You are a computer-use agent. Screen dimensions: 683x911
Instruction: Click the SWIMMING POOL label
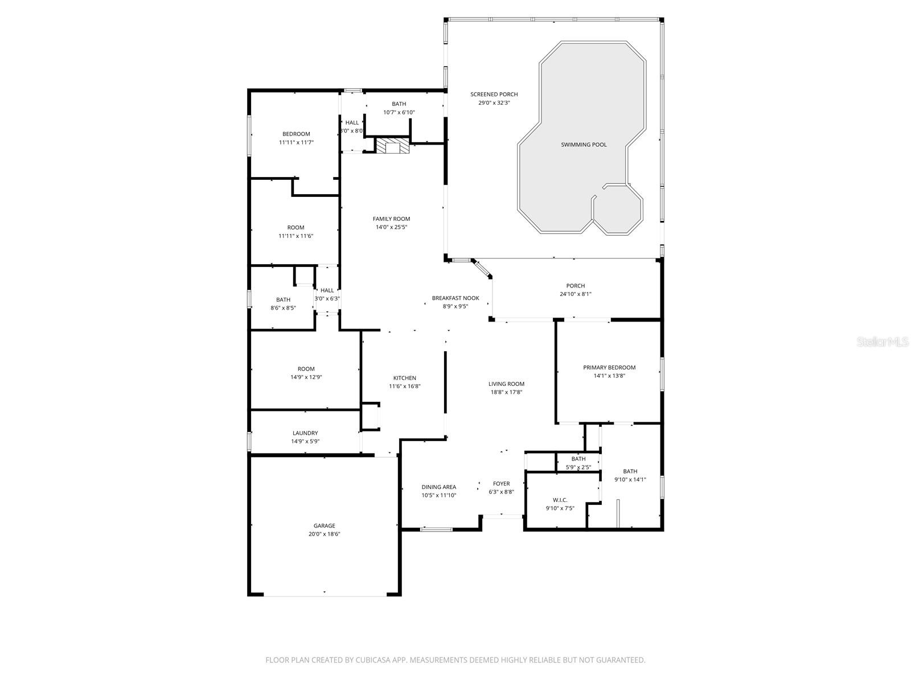point(584,145)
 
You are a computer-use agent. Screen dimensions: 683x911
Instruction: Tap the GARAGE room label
point(324,526)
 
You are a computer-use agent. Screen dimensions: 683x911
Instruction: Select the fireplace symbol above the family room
point(393,146)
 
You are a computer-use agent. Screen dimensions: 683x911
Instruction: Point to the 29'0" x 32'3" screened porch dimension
point(494,103)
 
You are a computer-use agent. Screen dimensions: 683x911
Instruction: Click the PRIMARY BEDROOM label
point(609,368)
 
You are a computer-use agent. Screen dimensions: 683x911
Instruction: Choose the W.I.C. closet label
point(560,500)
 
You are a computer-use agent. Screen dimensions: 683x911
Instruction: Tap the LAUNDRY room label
point(305,433)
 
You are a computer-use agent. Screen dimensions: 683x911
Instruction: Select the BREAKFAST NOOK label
point(455,298)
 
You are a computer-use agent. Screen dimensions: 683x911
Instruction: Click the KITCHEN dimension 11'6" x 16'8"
point(404,386)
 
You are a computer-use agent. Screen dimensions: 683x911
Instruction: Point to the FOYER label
point(501,484)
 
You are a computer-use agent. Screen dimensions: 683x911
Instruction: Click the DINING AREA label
point(438,487)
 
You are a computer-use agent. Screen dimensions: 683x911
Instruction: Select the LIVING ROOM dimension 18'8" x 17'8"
point(506,392)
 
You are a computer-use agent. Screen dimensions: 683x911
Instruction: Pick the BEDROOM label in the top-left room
point(296,134)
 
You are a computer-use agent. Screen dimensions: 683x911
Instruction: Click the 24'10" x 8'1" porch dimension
point(575,294)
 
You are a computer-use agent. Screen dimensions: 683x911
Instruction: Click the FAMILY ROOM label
point(391,219)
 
